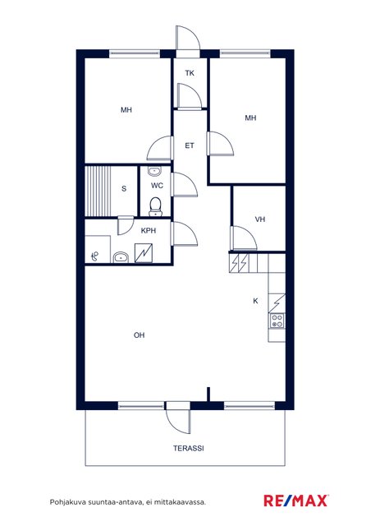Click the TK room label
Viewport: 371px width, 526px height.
point(190,73)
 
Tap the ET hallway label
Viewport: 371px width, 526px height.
point(190,145)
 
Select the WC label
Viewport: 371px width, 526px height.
point(157,186)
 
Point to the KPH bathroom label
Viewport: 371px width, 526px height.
point(149,231)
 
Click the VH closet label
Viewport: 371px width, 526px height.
point(260,219)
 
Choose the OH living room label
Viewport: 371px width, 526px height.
point(139,335)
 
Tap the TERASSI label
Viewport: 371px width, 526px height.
point(189,448)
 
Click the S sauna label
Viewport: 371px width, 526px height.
point(124,188)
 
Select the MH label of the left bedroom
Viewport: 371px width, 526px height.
point(126,110)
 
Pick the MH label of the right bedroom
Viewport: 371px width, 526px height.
point(250,118)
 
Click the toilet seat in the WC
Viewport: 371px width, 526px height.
point(155,205)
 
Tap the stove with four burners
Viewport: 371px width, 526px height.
point(277,321)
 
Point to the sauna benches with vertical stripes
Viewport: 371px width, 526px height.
point(98,191)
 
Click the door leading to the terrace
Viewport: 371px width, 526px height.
point(178,421)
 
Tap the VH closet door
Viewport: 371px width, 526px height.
point(244,238)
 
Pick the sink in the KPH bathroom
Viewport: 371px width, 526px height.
point(121,257)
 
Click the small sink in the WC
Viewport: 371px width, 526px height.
point(154,171)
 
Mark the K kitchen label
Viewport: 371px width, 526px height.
point(255,301)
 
